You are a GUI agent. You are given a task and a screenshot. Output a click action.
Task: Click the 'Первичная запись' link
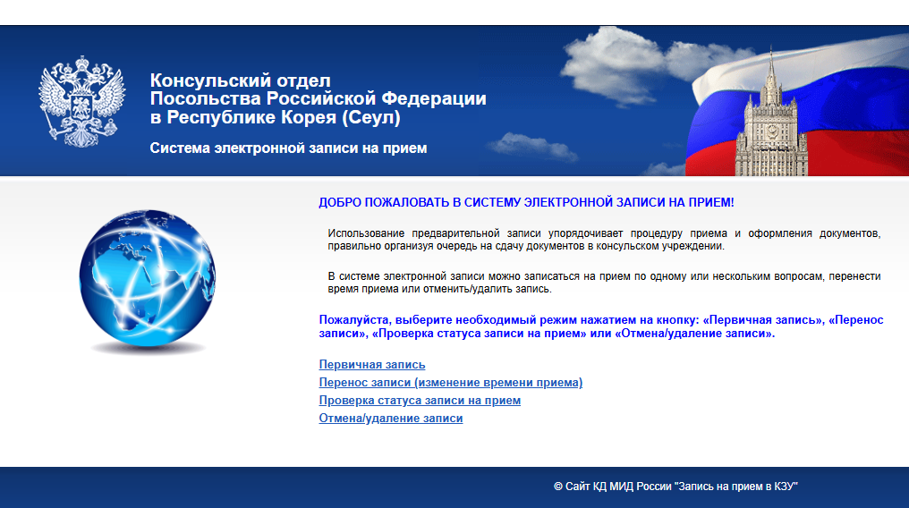coord(371,364)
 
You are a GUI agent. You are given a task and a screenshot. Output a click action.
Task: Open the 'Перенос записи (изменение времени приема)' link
coord(450,382)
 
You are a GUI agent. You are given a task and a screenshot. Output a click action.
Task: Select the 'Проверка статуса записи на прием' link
coord(420,401)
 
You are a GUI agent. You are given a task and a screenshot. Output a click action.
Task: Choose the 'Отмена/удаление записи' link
coord(391,419)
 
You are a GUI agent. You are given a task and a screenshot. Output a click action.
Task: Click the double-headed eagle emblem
coord(81,101)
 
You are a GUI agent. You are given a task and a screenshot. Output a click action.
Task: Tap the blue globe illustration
coord(148,278)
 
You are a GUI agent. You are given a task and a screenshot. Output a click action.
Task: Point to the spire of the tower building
coord(771,66)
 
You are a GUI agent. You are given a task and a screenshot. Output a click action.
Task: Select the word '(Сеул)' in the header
coord(371,117)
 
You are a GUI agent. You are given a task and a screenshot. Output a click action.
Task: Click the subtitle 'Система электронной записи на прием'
coord(288,148)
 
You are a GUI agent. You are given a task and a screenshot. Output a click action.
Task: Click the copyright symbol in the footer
coord(557,487)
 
